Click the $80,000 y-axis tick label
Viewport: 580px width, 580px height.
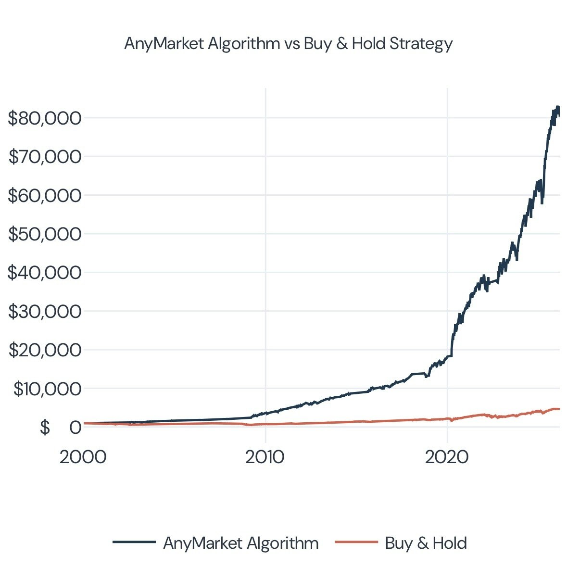click(45, 118)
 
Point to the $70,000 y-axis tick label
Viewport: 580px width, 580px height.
click(45, 156)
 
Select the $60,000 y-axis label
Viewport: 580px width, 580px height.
click(45, 195)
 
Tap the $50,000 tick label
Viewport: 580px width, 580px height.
click(45, 234)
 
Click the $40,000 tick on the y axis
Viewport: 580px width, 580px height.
click(45, 273)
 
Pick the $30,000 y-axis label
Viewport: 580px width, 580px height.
click(45, 312)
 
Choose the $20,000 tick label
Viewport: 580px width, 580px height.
click(45, 350)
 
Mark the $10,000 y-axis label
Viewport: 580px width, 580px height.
click(47, 389)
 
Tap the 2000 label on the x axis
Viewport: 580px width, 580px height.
click(83, 457)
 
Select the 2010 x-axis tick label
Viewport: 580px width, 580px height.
click(265, 457)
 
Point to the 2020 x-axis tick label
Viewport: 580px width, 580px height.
click(446, 457)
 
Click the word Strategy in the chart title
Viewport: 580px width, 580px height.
click(421, 44)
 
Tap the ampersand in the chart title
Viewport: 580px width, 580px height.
click(341, 44)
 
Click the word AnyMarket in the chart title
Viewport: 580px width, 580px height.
click(164, 44)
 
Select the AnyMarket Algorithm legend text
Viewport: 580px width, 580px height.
click(240, 543)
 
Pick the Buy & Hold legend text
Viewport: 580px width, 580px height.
click(426, 543)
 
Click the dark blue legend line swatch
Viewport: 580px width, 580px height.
click(134, 542)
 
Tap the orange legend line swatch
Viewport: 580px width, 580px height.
click(356, 542)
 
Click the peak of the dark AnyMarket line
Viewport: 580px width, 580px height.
click(557, 107)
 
